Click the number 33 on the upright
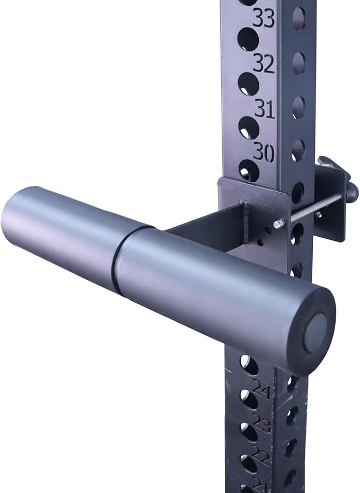coord(264,19)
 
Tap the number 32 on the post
coord(264,64)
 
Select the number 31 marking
coord(264,109)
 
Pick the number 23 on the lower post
coord(261,425)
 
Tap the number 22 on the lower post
coord(260,454)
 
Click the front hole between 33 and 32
coord(248,39)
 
